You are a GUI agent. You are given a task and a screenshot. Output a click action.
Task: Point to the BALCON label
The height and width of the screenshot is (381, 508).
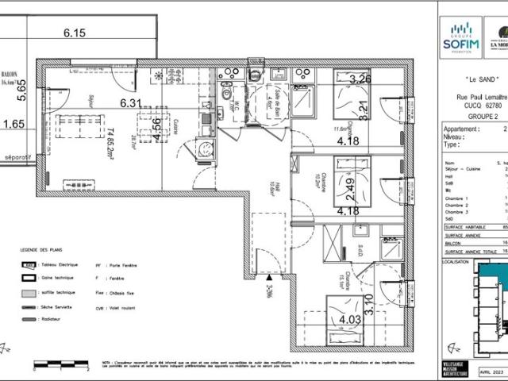point(10,71)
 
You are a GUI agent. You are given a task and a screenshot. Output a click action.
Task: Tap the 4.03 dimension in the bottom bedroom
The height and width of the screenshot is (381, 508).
point(351,321)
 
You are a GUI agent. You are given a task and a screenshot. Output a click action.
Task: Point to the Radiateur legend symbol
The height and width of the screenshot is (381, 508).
point(28,318)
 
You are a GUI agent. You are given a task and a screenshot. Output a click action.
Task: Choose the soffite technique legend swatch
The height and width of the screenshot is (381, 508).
point(28,293)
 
